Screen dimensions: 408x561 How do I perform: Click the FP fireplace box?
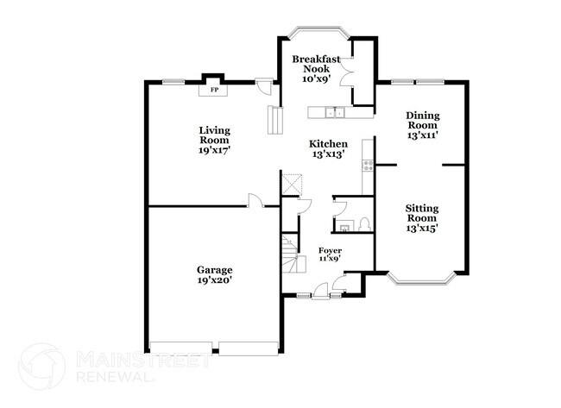pos(211,90)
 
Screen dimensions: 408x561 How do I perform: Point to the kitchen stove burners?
pos(369,164)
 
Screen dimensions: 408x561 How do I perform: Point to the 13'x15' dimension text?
pos(423,229)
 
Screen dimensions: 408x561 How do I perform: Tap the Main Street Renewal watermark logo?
pos(43,366)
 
